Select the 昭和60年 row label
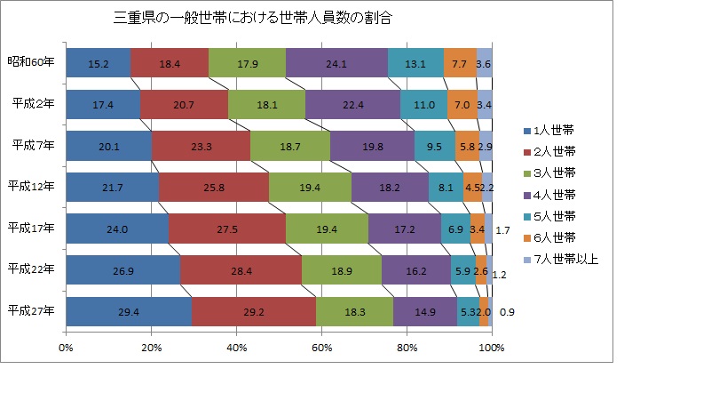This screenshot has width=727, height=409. (x=31, y=63)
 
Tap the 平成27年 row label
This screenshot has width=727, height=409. (x=31, y=311)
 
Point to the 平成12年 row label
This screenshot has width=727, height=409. (x=31, y=187)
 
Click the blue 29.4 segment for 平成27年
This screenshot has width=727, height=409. (x=128, y=312)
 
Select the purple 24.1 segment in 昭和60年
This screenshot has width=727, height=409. (x=336, y=64)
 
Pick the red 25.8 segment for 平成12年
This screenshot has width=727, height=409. (x=213, y=188)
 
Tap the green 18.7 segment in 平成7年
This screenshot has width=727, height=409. (x=289, y=147)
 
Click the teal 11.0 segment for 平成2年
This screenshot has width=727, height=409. (x=423, y=105)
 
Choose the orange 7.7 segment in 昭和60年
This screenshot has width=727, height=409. (x=459, y=64)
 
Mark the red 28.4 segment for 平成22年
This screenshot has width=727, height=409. (x=241, y=270)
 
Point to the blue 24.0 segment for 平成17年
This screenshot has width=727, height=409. (x=116, y=229)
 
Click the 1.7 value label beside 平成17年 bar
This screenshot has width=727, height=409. (x=502, y=230)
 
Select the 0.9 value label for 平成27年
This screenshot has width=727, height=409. (x=507, y=313)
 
